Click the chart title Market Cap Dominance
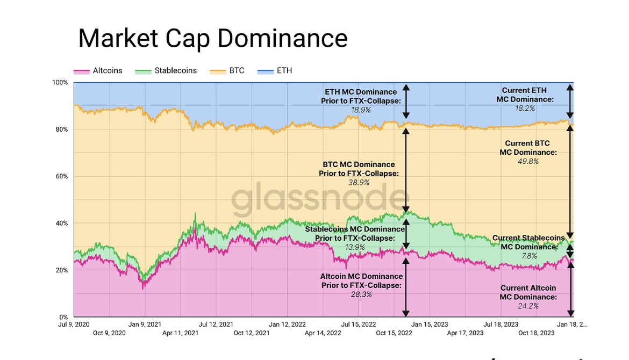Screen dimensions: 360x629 (213, 39)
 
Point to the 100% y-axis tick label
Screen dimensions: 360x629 (60, 83)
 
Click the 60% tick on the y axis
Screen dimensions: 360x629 (62, 176)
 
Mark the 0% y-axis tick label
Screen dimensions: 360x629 (63, 317)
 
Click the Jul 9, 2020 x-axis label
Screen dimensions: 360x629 (74, 325)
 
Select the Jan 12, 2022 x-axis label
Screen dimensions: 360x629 (287, 325)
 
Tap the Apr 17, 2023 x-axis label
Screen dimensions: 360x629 (465, 333)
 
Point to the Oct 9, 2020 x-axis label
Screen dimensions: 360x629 (109, 333)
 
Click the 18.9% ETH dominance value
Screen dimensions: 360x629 (360, 110)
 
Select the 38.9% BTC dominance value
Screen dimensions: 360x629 (359, 183)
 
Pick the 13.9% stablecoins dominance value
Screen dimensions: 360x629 (355, 247)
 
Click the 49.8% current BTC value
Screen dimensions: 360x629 (528, 161)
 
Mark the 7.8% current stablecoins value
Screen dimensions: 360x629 (529, 256)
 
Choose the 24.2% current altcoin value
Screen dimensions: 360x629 (528, 306)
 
